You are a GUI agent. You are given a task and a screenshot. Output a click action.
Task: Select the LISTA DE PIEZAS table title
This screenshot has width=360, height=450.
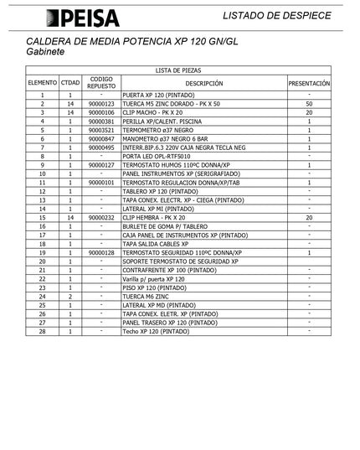[178, 71]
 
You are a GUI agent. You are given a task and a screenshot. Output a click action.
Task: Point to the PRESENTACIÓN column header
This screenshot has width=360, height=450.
[309, 84]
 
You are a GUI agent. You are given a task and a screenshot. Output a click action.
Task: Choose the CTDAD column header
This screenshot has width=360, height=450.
[70, 84]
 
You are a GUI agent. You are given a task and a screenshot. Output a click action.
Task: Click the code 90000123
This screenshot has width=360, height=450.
[101, 104]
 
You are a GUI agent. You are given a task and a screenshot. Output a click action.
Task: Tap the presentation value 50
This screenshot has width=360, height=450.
[309, 104]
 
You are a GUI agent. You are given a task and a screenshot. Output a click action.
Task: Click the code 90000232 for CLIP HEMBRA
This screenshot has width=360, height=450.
[101, 217]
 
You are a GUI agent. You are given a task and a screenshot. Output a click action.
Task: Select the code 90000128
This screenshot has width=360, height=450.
[101, 252]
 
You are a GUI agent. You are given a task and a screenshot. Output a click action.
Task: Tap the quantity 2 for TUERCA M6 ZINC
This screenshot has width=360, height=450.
[70, 296]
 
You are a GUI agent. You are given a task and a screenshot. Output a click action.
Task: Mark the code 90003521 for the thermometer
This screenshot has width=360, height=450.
[101, 130]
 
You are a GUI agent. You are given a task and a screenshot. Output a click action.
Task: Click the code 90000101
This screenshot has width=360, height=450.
[101, 182]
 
